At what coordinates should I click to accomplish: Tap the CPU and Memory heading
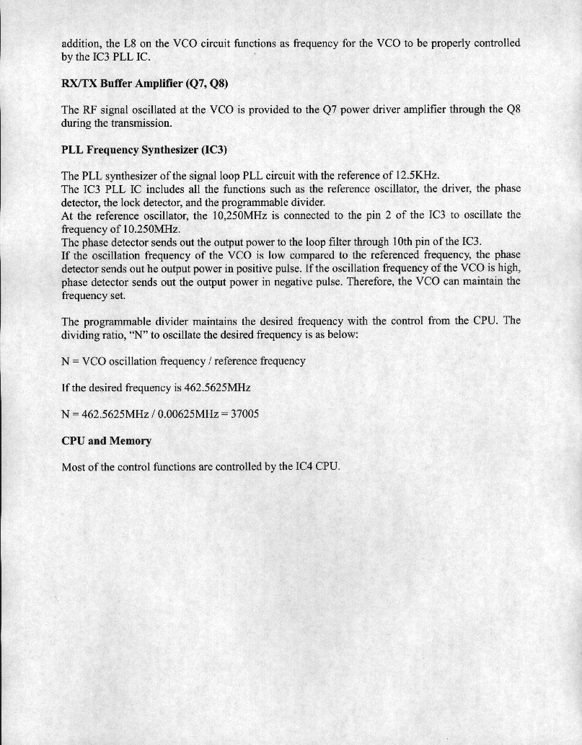107,440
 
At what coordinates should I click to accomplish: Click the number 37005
244,414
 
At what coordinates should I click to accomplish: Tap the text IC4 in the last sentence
306,467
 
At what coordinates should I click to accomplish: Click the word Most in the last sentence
75,467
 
